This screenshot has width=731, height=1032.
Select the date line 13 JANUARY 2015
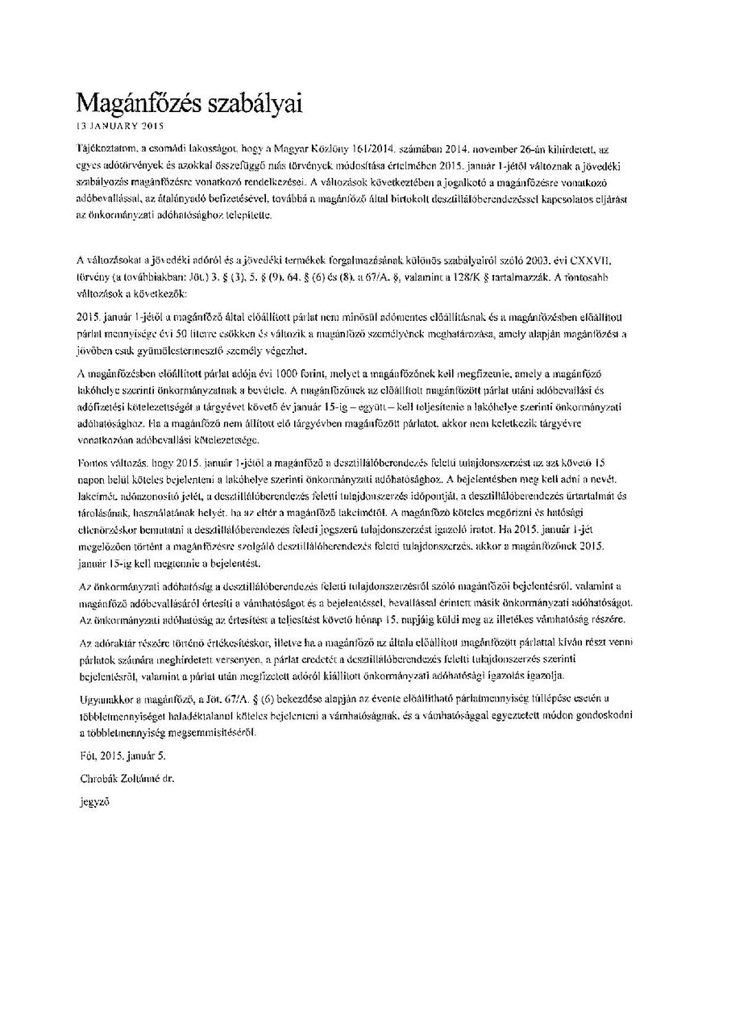point(119,127)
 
